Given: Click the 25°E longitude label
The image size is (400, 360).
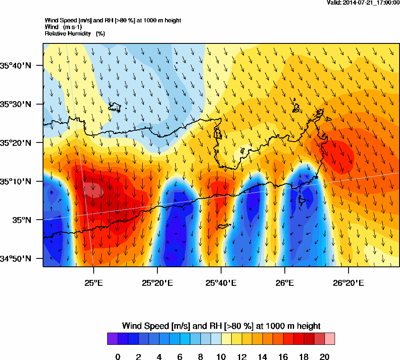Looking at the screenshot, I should [93, 283].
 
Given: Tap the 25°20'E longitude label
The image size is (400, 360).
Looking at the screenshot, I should [157, 283].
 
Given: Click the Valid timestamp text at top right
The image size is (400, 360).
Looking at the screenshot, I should [363, 3].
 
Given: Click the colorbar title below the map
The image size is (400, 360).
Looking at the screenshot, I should [221, 326].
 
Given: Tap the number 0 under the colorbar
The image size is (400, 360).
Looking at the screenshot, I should [118, 357].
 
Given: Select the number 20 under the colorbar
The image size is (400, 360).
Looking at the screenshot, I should [324, 357].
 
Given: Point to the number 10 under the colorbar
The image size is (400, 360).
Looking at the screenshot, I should [221, 357].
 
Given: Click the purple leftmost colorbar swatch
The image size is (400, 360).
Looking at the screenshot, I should [113, 339].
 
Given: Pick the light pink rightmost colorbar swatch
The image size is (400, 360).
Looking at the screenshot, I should [330, 339].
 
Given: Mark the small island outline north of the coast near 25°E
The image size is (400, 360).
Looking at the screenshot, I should [115, 107].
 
